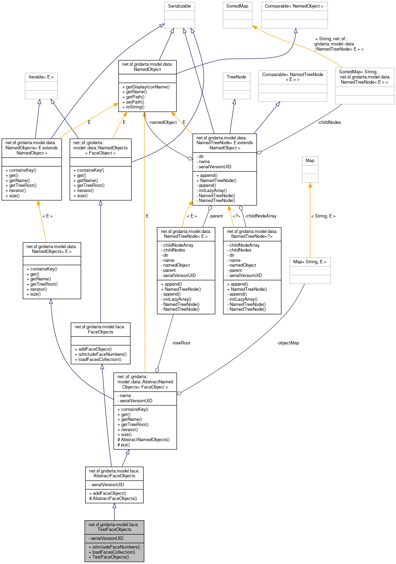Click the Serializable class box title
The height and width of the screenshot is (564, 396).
[x=179, y=6]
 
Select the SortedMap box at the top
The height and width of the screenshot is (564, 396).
[x=237, y=6]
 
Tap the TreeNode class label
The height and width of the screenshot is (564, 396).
[x=236, y=77]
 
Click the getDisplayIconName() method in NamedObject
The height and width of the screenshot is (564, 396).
[x=148, y=87]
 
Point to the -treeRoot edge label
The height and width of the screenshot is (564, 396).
[x=181, y=343]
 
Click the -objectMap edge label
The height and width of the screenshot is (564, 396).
[x=288, y=343]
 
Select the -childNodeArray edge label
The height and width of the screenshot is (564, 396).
[x=261, y=216]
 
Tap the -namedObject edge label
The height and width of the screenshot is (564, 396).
[x=163, y=123]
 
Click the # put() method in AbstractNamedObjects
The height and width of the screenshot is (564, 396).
[x=124, y=445]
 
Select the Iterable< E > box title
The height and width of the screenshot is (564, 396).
[x=41, y=77]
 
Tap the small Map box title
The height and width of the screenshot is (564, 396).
[x=310, y=161]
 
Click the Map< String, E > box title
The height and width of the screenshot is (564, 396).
[x=309, y=262]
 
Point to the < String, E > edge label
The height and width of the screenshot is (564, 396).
[x=323, y=216]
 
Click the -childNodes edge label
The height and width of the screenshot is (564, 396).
[x=329, y=123]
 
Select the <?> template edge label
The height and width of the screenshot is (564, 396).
[x=236, y=216]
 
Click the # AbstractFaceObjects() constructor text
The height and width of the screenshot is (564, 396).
[x=113, y=499]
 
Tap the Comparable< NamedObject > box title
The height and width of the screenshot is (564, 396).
[x=294, y=6]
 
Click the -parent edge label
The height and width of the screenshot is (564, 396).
[x=216, y=216]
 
